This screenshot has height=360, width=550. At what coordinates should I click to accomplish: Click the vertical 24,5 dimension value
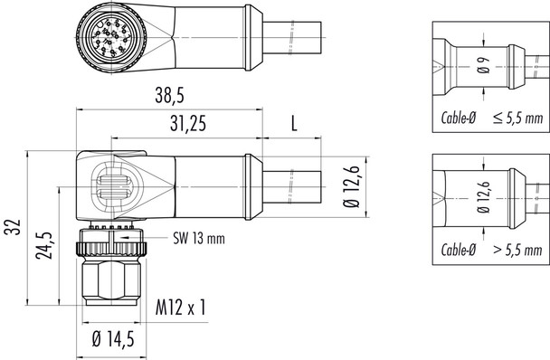(41, 242)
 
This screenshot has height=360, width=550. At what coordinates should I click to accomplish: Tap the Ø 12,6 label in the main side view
(354, 188)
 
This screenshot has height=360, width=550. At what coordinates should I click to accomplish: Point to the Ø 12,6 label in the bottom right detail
(482, 196)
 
